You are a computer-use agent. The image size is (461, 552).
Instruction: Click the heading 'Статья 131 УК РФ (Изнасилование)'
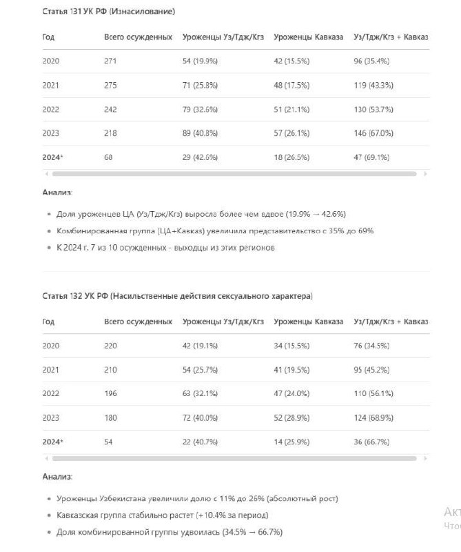click(x=108, y=12)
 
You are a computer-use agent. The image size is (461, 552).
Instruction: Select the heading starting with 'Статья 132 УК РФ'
click(x=177, y=296)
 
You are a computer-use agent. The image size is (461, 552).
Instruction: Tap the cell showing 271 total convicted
click(x=110, y=61)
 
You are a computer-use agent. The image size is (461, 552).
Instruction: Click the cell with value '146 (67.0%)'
click(x=373, y=133)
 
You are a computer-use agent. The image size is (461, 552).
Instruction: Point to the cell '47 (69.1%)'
click(x=371, y=157)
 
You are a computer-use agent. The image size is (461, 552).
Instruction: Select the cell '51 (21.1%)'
click(x=291, y=109)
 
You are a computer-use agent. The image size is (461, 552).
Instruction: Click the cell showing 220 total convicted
click(x=110, y=346)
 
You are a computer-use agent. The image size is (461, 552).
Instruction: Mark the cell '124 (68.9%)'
click(x=373, y=418)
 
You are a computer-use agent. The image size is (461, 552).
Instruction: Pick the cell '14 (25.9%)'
click(x=291, y=442)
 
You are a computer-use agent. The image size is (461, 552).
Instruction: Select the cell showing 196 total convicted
click(x=110, y=394)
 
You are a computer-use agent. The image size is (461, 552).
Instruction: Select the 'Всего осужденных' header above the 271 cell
click(x=138, y=37)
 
